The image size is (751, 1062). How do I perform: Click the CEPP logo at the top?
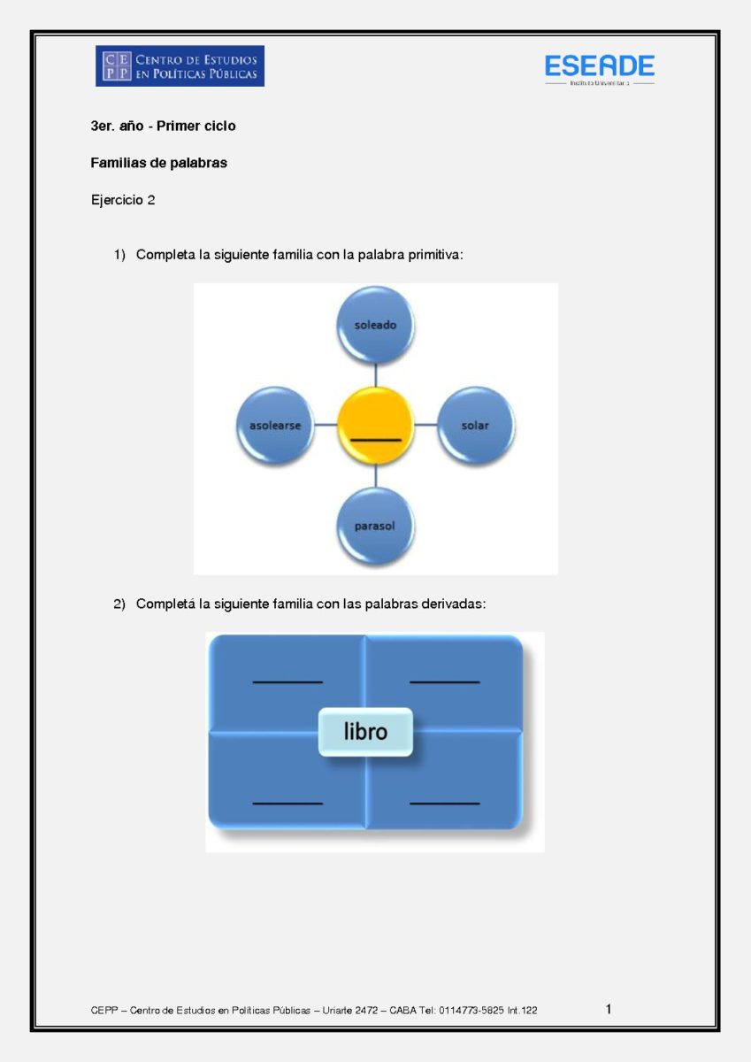click(x=180, y=65)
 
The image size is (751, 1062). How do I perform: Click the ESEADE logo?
click(x=600, y=69)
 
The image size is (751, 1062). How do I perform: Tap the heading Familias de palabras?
click(x=158, y=163)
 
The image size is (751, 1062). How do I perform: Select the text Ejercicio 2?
click(x=123, y=200)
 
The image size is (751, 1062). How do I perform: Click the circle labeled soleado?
click(x=375, y=326)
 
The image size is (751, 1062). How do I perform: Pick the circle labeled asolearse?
click(x=275, y=426)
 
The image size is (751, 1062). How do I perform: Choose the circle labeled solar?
click(x=475, y=426)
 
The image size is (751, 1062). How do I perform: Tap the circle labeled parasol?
click(x=375, y=526)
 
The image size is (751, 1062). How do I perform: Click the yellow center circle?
click(x=375, y=426)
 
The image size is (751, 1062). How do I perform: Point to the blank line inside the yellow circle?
click(x=375, y=441)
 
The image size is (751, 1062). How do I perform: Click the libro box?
click(x=365, y=732)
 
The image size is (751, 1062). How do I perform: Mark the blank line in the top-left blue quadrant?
click(x=287, y=682)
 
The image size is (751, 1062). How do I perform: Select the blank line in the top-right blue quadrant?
click(x=444, y=682)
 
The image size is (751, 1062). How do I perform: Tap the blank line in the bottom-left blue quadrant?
click(x=287, y=804)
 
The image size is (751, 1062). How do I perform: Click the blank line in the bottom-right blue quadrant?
click(x=444, y=804)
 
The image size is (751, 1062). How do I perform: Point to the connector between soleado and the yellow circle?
click(x=375, y=375)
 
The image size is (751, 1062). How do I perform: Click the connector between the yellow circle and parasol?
click(x=375, y=475)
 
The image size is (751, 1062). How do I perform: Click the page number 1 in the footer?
click(x=609, y=1009)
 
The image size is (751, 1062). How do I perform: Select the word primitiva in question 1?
click(x=435, y=255)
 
